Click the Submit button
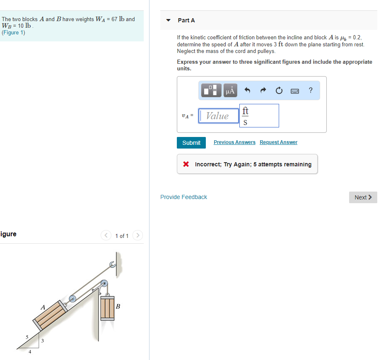click(x=191, y=143)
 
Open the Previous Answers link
click(x=234, y=142)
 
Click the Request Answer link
click(x=278, y=142)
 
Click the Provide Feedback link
click(x=183, y=197)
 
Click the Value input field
click(x=219, y=116)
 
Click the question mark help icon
click(x=311, y=90)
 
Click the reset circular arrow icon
click(x=279, y=90)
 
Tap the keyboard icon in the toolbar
click(x=295, y=90)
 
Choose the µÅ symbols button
click(x=230, y=90)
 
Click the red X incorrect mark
click(x=186, y=164)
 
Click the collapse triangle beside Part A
click(x=169, y=20)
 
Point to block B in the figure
click(x=107, y=308)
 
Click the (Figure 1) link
click(x=14, y=33)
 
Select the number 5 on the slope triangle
click(x=27, y=337)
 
